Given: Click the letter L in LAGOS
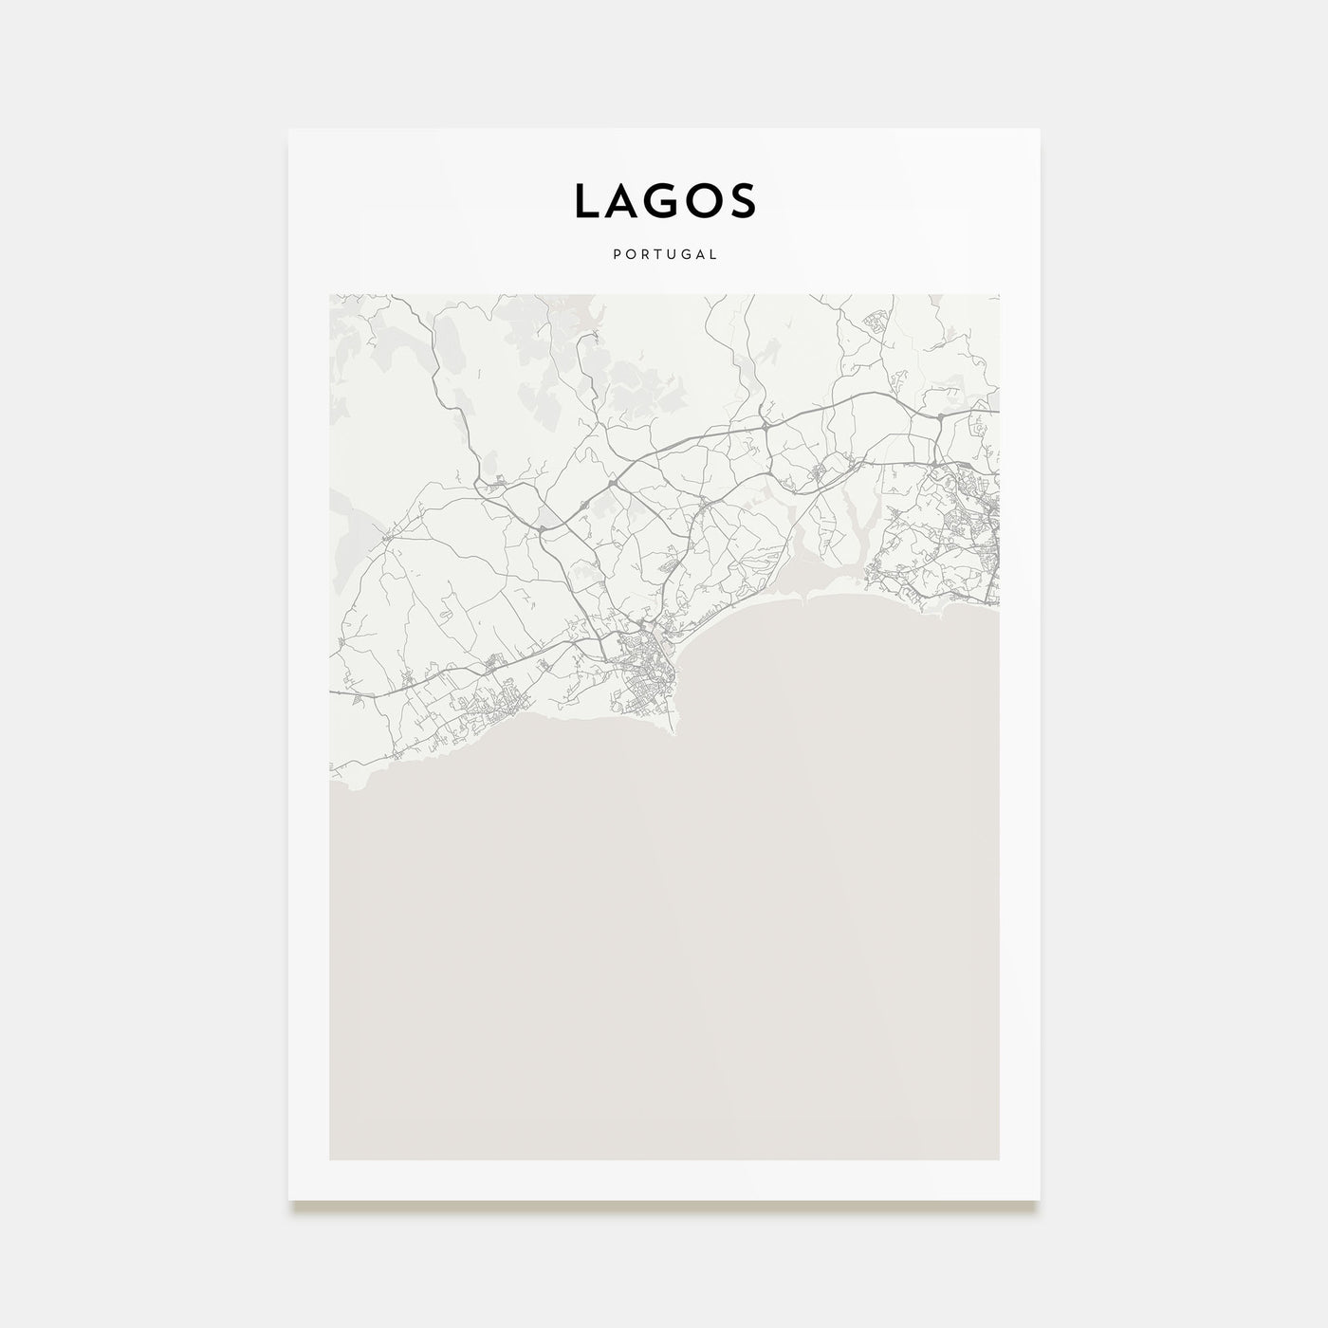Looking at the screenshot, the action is [585, 201].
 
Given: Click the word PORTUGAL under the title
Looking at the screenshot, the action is [664, 254].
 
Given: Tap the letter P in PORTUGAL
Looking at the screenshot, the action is [617, 254].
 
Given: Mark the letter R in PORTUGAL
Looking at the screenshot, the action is [643, 254].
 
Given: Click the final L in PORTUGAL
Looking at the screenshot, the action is [713, 254].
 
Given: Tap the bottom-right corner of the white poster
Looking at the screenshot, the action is [1039, 1200].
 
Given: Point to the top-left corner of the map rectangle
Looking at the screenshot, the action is [330, 295].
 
